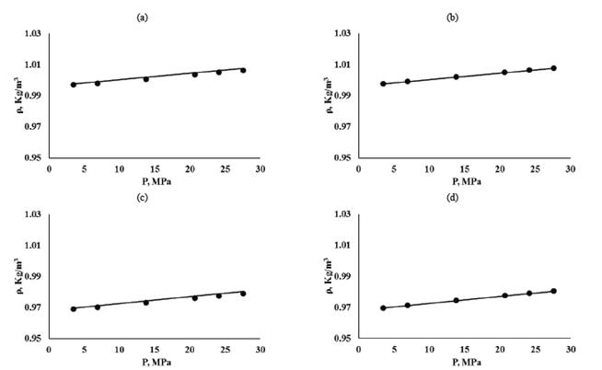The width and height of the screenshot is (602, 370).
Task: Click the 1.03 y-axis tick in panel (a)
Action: click(33, 34)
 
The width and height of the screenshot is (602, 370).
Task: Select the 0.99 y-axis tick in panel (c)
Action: click(33, 276)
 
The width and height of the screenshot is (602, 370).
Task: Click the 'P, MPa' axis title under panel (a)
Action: click(155, 181)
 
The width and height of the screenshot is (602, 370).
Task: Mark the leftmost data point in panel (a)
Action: click(74, 85)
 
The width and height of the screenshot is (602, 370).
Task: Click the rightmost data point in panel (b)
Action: click(553, 68)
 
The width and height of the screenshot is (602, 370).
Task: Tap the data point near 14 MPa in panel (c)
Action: click(145, 302)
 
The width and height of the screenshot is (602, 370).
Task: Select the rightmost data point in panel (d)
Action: click(553, 291)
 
